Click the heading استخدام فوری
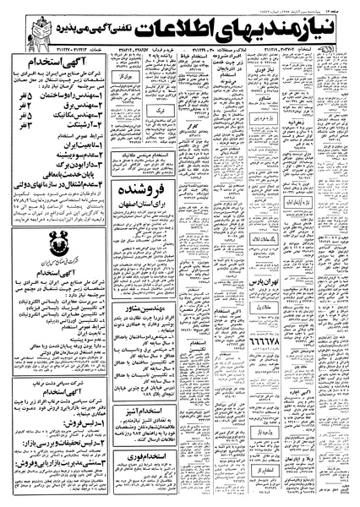point(150,482)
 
